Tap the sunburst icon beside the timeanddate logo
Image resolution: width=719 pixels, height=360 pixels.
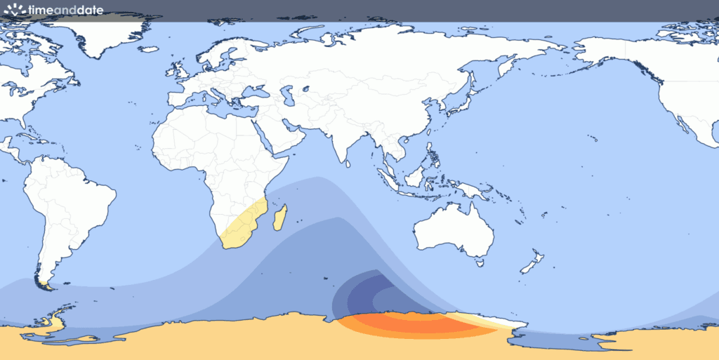[x=13, y=9]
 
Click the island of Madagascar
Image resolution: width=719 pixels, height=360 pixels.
[x=279, y=217]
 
